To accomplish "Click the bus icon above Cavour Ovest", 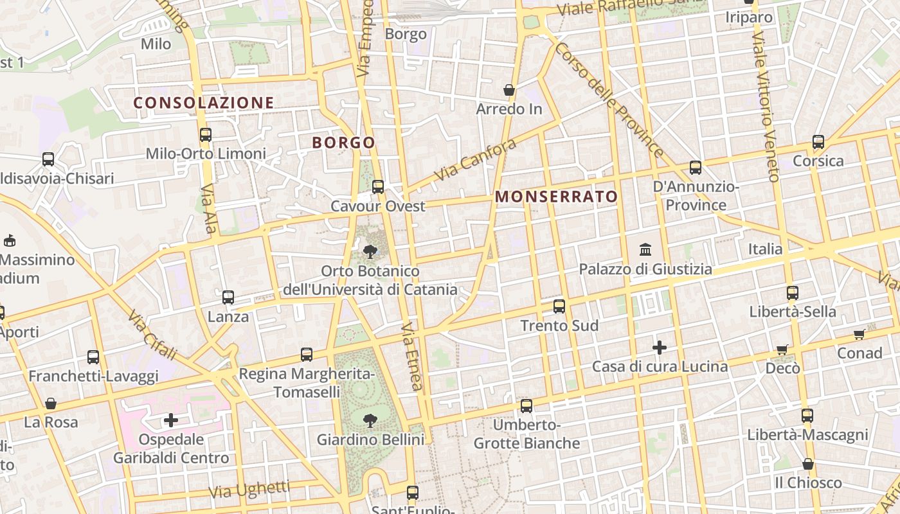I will pos(378,187).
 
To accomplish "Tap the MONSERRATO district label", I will pos(557,197).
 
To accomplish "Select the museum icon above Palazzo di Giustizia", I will pos(645,249).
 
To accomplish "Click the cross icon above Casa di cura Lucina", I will pos(660,348).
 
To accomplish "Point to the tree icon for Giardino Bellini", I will pos(370,421).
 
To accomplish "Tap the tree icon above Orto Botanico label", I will pos(370,251).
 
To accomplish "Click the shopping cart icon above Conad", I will pos(860,334).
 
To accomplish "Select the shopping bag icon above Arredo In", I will pos(509,90).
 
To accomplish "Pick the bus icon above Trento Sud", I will pos(559,306).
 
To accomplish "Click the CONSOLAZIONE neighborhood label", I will pos(204,103).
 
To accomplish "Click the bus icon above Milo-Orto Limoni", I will pos(206,134).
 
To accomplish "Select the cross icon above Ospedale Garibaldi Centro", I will pos(171,420).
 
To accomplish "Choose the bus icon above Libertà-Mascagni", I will pos(807,415).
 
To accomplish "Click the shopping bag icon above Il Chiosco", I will pos(808,463).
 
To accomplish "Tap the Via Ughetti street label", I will pos(249,490).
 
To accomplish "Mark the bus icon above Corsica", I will pos(818,141).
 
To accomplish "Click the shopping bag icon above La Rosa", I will pos(51,403).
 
